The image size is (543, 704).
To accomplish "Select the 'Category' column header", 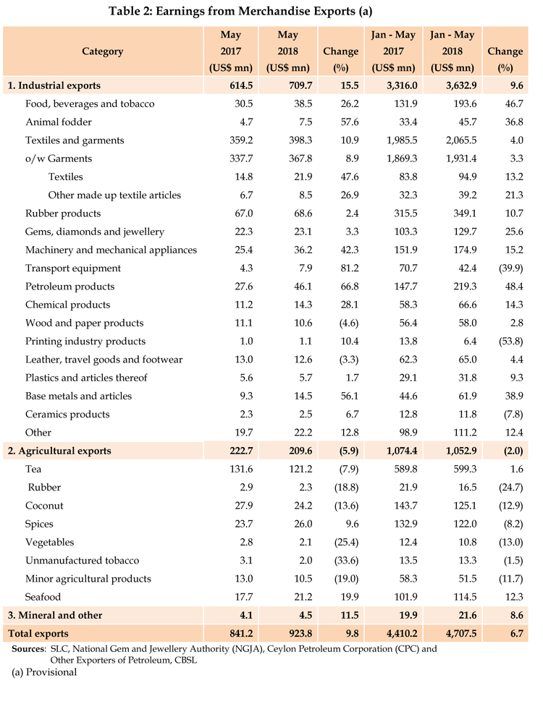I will click(x=102, y=51).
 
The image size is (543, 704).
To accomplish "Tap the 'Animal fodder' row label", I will click(x=59, y=122).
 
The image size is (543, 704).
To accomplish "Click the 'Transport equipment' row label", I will click(x=73, y=268).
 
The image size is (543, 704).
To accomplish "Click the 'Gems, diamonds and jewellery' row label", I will click(x=95, y=232).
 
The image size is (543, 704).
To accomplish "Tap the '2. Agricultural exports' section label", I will click(x=59, y=451).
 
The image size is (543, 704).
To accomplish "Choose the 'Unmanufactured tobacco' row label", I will click(x=82, y=561).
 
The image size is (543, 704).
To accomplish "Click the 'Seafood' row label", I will click(x=43, y=597).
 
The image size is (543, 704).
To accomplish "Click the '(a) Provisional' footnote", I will click(x=44, y=672).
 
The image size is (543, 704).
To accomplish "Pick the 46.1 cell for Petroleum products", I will click(x=288, y=287).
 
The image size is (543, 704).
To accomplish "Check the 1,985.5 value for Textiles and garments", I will click(x=393, y=140).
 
